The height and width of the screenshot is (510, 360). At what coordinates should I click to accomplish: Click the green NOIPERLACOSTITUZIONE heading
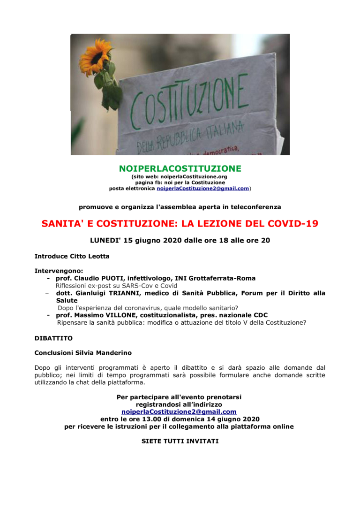[180, 168]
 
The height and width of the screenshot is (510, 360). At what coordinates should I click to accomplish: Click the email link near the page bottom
[179, 412]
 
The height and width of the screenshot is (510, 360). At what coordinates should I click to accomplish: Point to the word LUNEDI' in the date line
[105, 240]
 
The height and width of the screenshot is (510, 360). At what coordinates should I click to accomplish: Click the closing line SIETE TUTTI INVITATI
[180, 441]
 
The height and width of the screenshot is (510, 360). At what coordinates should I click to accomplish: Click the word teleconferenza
[256, 206]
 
